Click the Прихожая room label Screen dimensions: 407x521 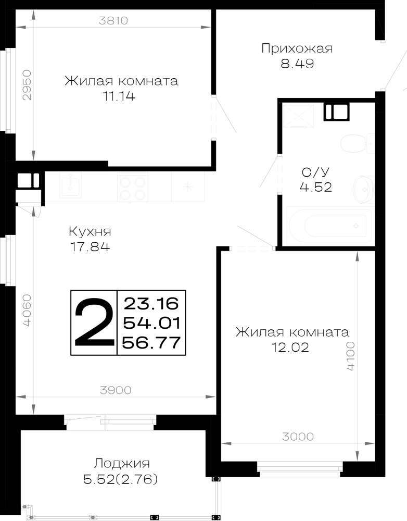297,48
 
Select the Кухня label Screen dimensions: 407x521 90,231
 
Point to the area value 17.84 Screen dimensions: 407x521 90,247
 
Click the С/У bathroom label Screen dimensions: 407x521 315,172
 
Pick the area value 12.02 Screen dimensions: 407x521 290,348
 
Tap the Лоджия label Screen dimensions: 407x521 121,463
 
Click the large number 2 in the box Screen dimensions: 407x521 93,322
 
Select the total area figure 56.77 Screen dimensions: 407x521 151,343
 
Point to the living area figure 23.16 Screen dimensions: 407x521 151,303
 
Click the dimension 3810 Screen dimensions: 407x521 113,21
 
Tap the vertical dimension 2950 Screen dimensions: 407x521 27,85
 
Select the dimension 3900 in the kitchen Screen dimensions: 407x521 116,390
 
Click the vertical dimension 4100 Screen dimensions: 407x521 350,356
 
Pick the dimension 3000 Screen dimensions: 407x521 298,437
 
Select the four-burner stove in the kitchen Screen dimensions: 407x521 133,188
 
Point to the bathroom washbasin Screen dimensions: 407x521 363,190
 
